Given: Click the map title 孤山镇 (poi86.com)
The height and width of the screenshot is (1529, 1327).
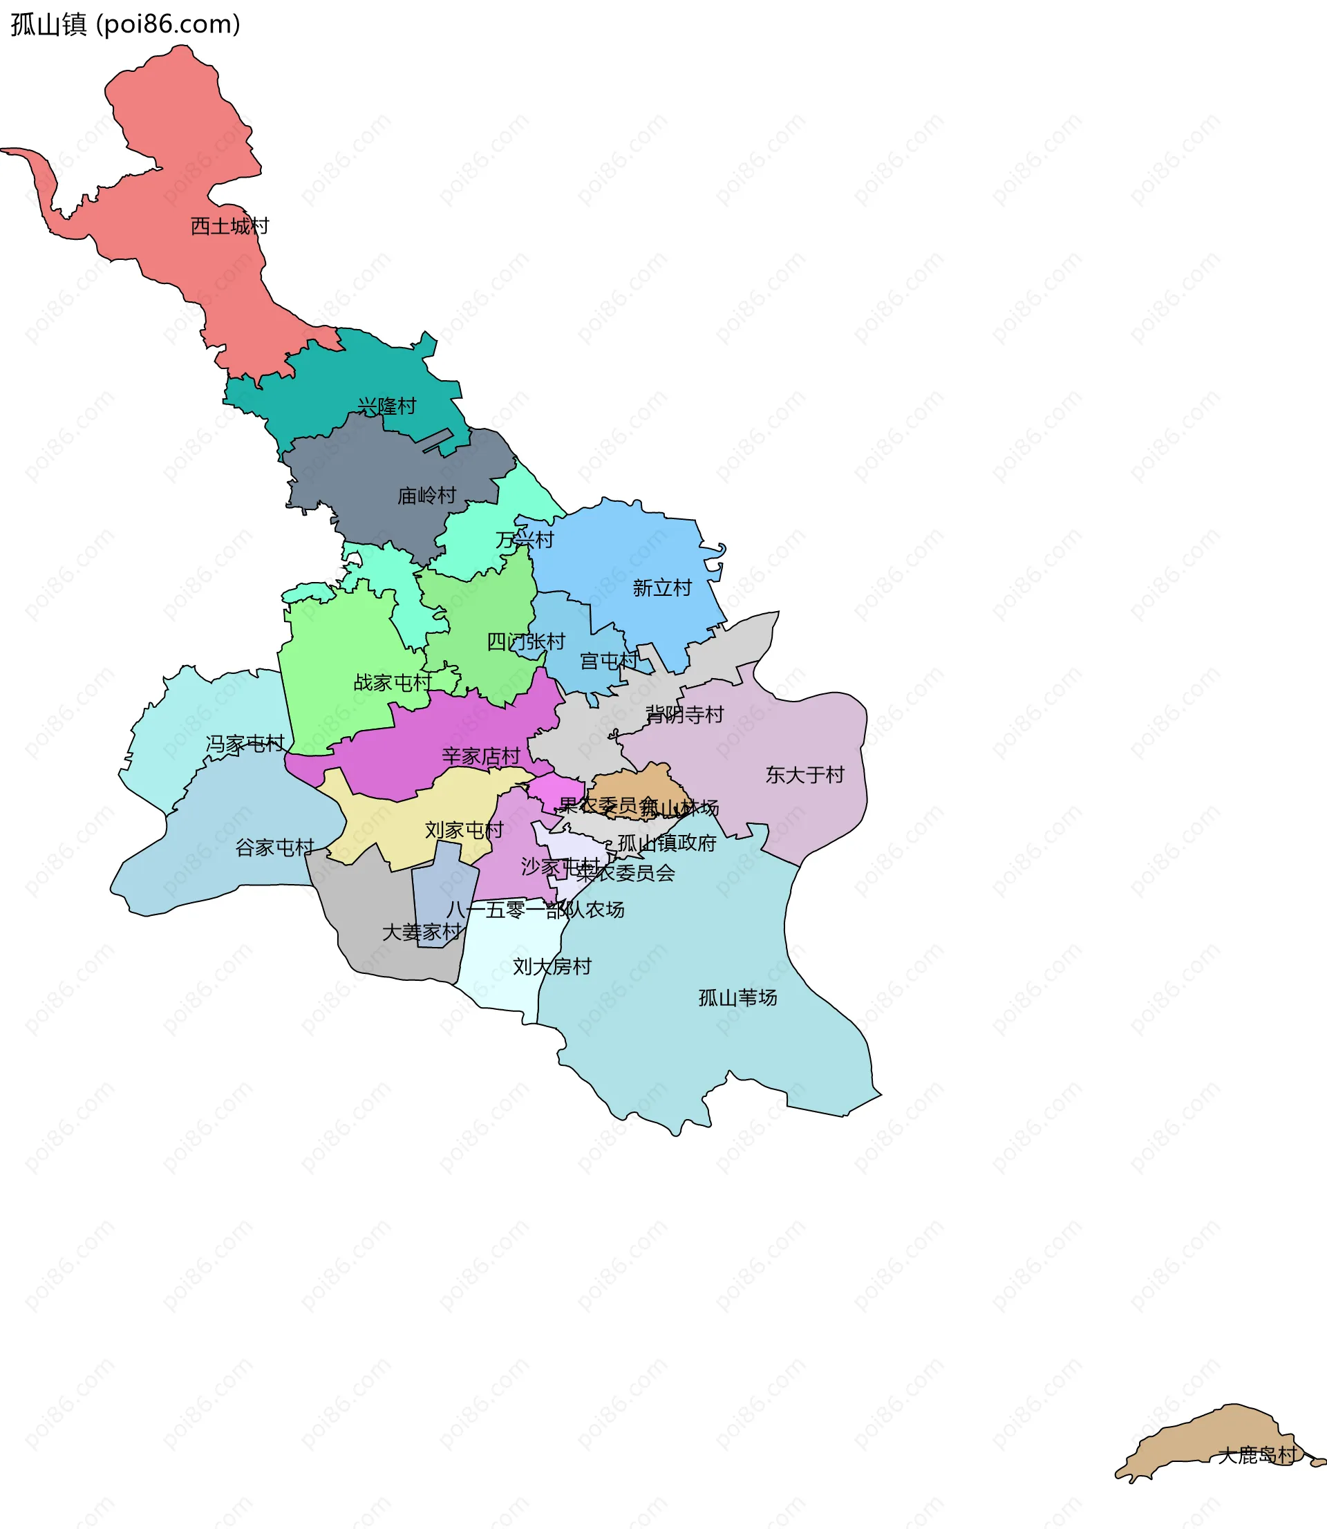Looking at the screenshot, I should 125,24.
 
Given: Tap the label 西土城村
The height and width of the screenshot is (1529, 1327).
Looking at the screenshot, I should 229,226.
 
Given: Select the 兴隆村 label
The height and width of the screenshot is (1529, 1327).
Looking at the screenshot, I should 386,406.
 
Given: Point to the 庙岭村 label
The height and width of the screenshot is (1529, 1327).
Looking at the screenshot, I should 426,496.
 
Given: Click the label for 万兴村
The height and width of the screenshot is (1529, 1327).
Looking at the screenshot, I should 525,540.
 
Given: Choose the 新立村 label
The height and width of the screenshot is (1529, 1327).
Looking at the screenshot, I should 662,588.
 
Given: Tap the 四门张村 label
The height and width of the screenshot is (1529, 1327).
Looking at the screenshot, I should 526,641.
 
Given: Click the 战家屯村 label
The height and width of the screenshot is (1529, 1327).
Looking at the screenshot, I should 393,682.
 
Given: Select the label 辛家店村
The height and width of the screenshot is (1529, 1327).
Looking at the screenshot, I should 481,756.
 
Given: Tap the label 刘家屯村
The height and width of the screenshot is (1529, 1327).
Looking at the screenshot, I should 464,830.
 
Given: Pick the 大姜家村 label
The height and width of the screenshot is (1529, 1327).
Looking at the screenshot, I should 422,932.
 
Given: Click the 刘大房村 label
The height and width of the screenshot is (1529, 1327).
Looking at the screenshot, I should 552,966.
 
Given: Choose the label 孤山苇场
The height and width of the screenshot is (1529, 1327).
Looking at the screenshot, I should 737,997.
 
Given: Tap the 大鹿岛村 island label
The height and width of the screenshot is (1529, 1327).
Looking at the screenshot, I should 1257,1455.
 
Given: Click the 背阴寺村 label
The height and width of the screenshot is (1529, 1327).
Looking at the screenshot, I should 684,715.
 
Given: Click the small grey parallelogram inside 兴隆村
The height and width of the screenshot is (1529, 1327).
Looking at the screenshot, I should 437,440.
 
